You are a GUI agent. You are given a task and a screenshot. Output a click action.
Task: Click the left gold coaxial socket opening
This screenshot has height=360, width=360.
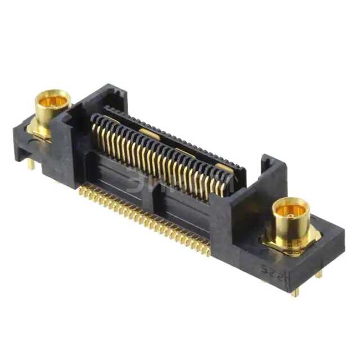click(53, 101)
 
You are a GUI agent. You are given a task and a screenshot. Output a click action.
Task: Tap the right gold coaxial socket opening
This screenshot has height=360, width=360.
click(290, 209)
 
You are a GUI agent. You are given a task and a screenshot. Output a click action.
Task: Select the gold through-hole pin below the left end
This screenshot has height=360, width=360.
click(31, 164)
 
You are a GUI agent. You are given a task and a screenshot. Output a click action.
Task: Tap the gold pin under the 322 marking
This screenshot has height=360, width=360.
click(295, 291)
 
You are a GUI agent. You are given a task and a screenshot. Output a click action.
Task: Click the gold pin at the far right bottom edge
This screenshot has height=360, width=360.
click(319, 274)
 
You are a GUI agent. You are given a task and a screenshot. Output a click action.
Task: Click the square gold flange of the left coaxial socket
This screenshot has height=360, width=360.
click(39, 130)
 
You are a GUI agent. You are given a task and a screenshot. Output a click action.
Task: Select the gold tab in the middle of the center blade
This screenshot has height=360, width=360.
click(149, 133)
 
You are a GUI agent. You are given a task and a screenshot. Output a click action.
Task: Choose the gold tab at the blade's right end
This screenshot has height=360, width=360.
click(224, 168)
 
